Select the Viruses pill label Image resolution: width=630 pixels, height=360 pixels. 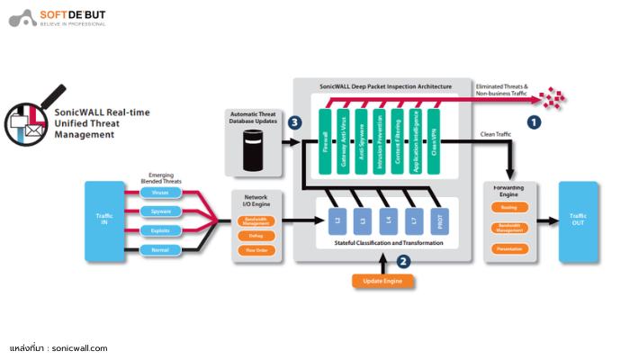coord(160,193)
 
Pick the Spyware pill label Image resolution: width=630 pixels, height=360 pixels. coord(160,211)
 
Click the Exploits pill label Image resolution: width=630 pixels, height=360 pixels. coord(160,230)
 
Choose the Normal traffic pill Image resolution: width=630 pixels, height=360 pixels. coord(160,249)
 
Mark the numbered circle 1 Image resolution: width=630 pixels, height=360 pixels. coord(534,120)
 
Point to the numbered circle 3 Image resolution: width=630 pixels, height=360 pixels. coord(293,122)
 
